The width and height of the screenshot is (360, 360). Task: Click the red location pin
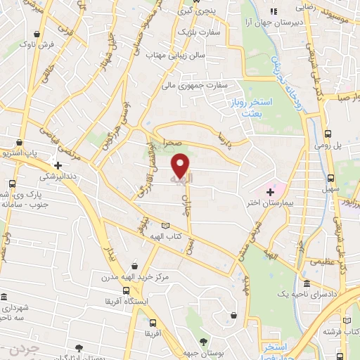(181, 166)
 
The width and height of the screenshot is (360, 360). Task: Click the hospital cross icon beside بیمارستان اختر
(270, 191)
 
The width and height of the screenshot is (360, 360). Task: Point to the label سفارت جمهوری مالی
(188, 86)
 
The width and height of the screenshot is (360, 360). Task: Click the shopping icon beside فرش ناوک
(45, 33)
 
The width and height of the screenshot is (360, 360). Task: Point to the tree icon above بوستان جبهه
(204, 342)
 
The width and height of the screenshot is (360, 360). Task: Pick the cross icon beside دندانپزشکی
(58, 165)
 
